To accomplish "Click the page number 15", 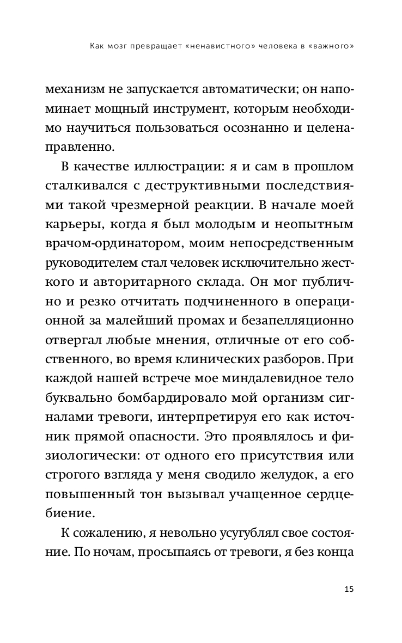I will (x=349, y=590).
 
